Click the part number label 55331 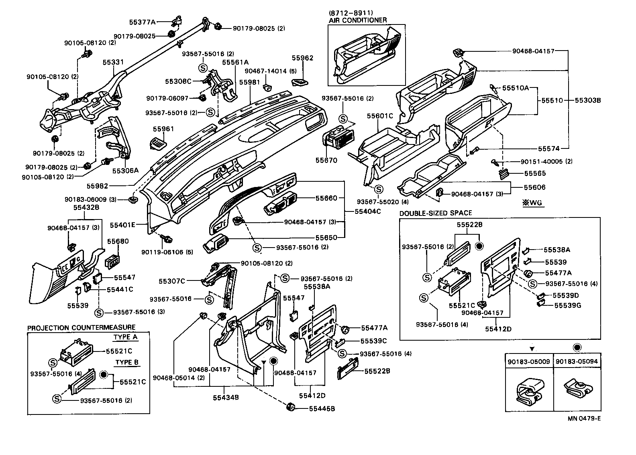tap(113, 62)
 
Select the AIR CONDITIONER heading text tap(357, 20)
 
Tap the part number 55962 tap(302, 58)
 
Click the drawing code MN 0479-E tap(584, 418)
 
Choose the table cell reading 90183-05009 tap(529, 362)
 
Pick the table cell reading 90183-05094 tap(577, 362)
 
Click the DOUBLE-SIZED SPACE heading tap(436, 213)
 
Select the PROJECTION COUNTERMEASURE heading tap(81, 328)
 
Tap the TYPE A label tap(125, 337)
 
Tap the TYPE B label tap(126, 362)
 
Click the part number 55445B tap(322, 409)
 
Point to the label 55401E tap(123, 225)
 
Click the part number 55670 tap(326, 160)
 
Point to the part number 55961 tap(163, 129)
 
